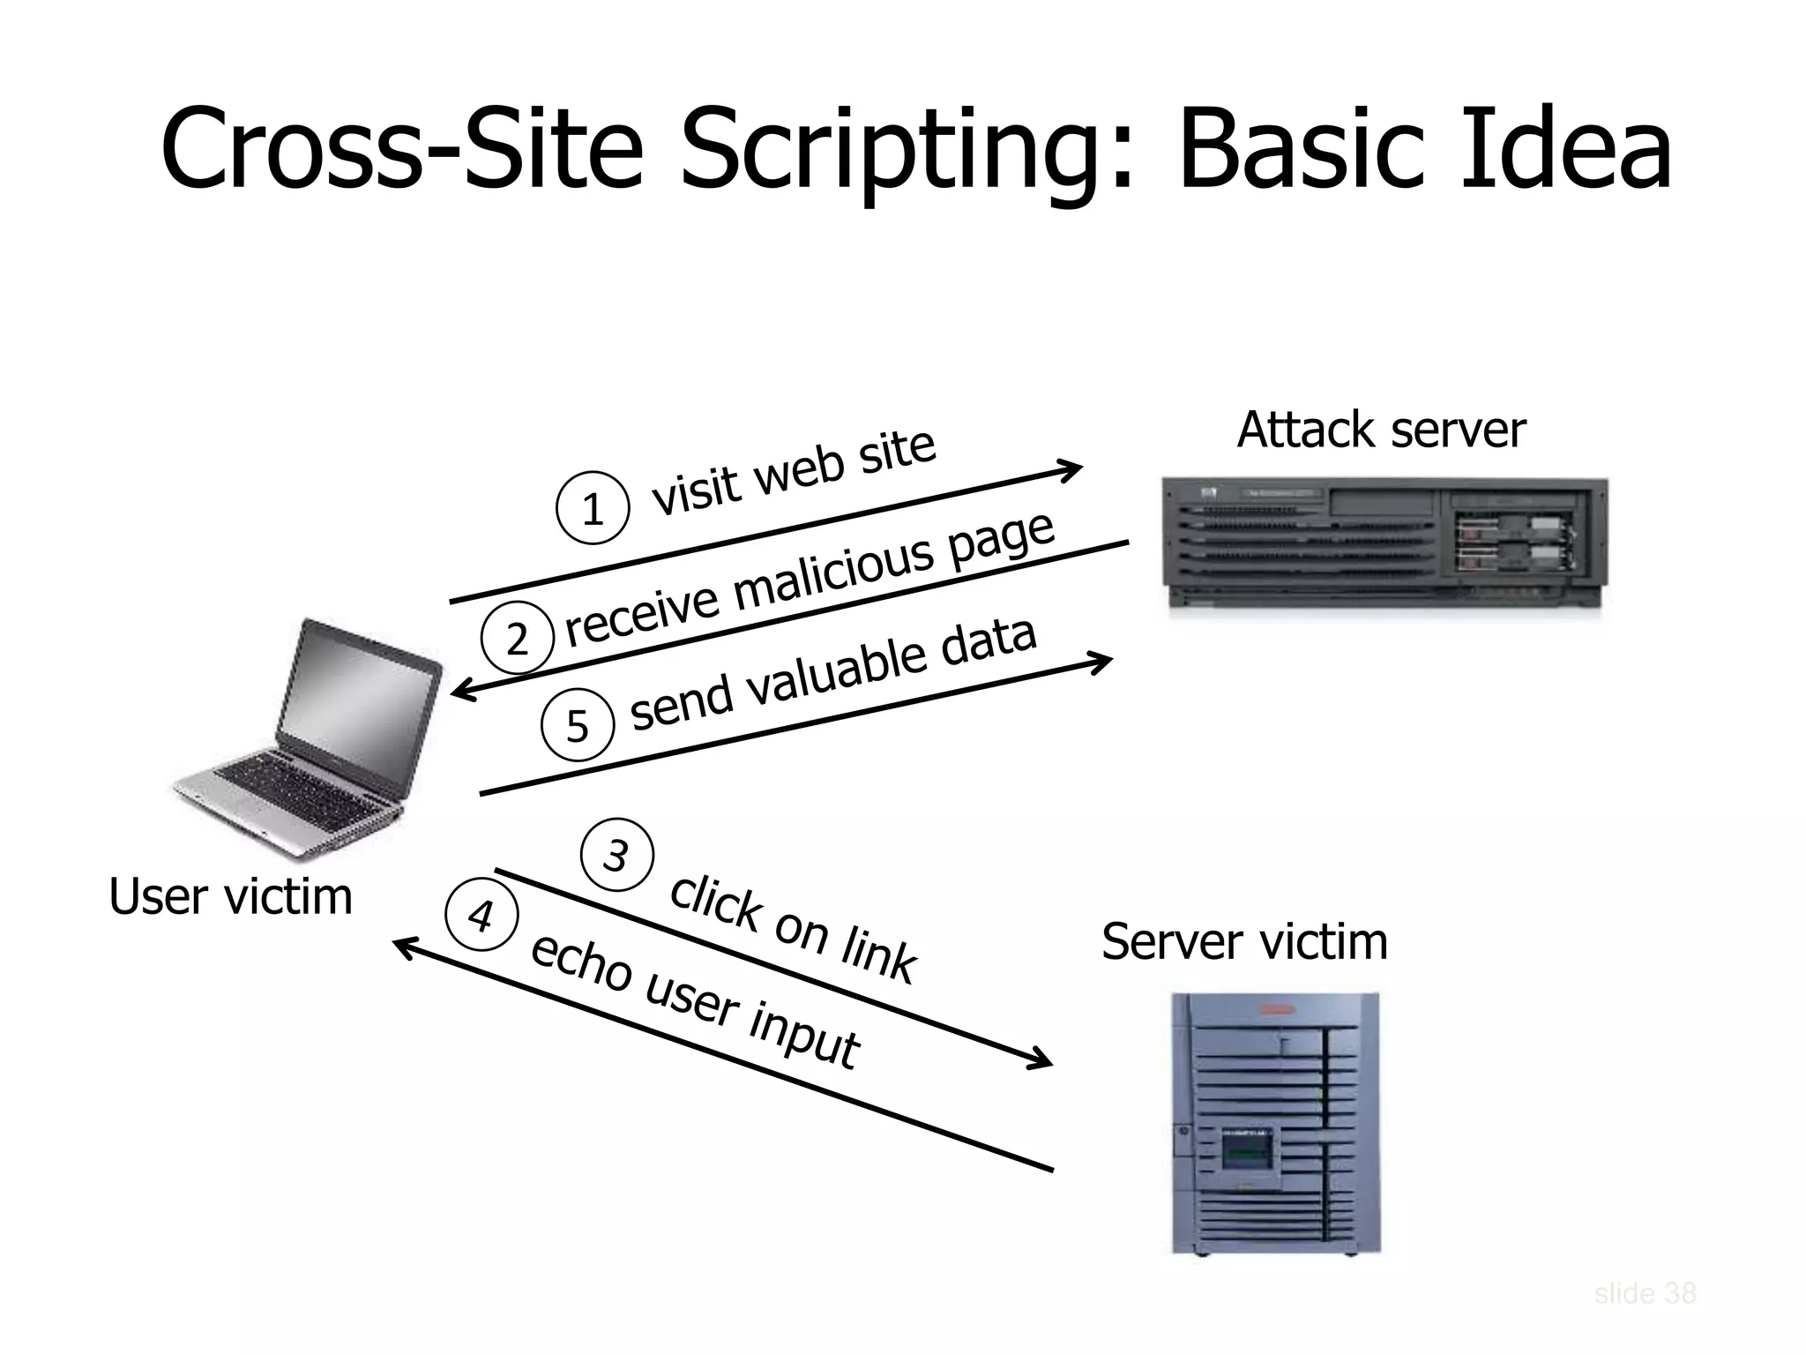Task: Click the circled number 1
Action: click(593, 509)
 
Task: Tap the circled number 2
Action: click(517, 638)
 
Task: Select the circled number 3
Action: click(617, 855)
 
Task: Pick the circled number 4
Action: click(481, 916)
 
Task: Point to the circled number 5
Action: click(577, 725)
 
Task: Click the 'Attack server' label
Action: click(1380, 430)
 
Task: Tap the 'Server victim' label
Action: click(1244, 941)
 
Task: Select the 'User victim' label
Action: click(230, 897)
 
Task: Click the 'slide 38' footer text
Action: click(1645, 1293)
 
